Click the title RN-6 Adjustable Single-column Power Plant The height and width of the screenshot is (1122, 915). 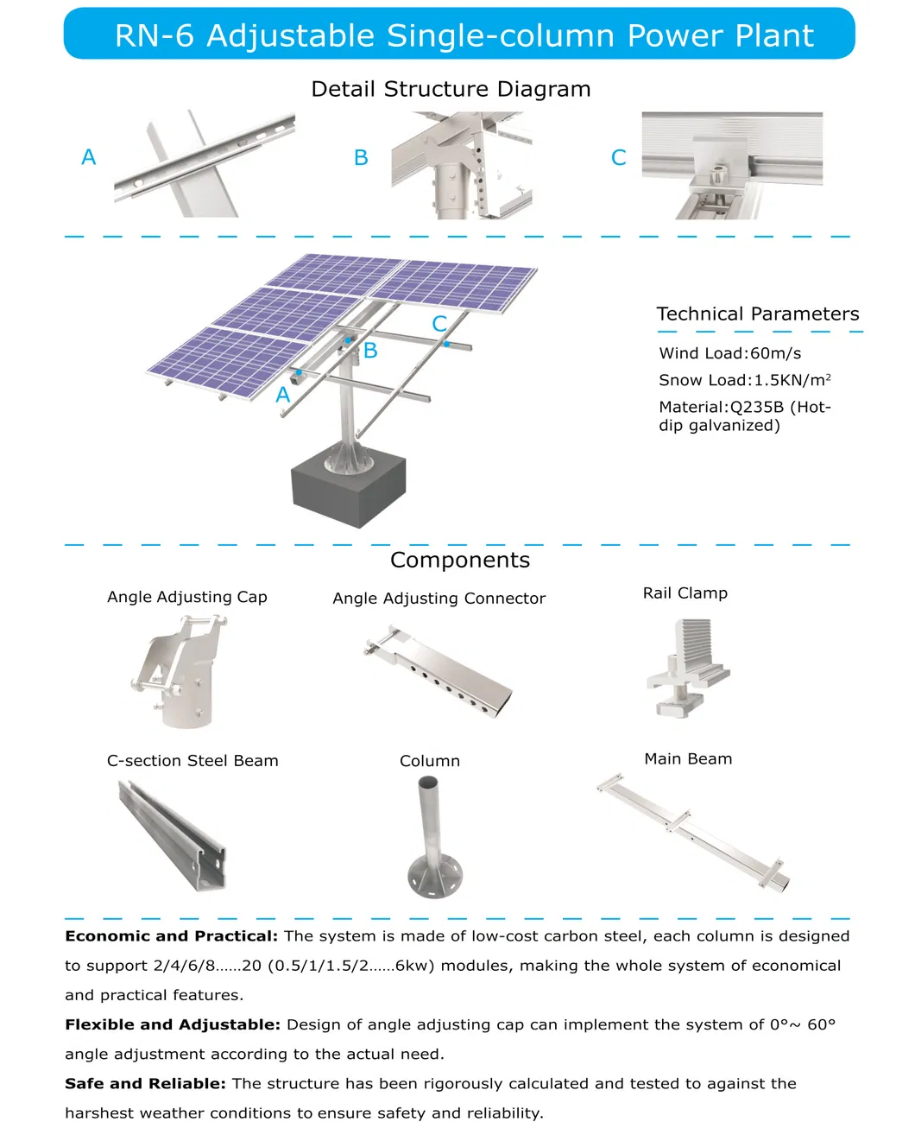click(x=464, y=35)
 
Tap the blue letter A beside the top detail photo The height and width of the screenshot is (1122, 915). click(x=88, y=157)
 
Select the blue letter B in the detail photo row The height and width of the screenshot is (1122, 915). click(x=361, y=158)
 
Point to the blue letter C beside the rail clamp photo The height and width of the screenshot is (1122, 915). click(x=618, y=158)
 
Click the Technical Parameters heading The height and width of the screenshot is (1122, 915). click(x=757, y=314)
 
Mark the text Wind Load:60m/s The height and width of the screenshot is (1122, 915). click(x=729, y=353)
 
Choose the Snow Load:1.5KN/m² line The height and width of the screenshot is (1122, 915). click(x=744, y=380)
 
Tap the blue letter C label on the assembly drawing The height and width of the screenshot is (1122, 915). click(x=439, y=324)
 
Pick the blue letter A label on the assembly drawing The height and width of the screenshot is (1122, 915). click(x=282, y=396)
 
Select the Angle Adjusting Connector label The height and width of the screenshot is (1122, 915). click(x=439, y=599)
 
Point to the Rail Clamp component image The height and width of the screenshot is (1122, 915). click(x=686, y=669)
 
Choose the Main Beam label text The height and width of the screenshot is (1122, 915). click(x=688, y=759)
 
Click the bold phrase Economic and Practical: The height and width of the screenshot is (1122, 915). click(x=171, y=936)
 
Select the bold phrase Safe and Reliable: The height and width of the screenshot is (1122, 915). click(x=145, y=1083)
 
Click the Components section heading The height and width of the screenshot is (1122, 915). click(x=459, y=561)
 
